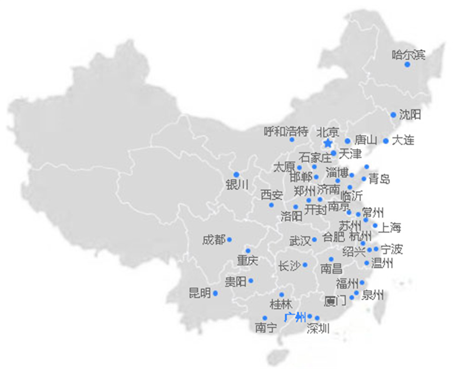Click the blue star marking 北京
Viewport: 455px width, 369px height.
point(328,144)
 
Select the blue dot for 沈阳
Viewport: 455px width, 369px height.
point(393,115)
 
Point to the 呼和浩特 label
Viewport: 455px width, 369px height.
point(286,132)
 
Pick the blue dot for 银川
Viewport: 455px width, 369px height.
point(236,175)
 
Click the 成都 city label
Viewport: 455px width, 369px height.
point(213,240)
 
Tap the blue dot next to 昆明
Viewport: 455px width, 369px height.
point(215,293)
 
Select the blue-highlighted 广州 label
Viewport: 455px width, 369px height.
point(295,317)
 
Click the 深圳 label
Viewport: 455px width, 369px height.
point(318,329)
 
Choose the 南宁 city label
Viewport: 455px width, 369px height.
point(266,328)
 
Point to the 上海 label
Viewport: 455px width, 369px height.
point(390,228)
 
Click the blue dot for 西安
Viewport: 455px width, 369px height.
point(271,205)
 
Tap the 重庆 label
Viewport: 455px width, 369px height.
point(248,261)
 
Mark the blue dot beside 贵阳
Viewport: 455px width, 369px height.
point(251,280)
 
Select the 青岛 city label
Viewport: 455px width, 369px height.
point(379,179)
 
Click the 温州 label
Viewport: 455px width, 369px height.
point(382,263)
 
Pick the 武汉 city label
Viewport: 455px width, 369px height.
point(300,240)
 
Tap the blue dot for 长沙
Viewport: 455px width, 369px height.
point(305,265)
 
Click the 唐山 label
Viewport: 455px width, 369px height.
point(366,140)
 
